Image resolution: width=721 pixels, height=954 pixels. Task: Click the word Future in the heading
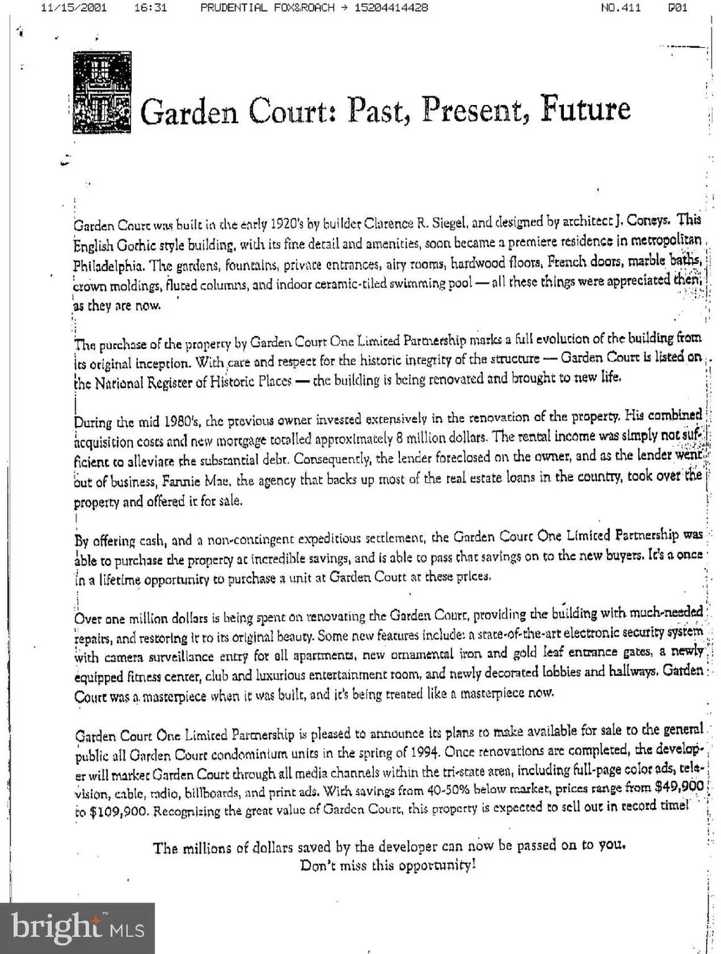pyautogui.click(x=585, y=108)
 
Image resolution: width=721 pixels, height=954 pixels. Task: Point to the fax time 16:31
pyautogui.click(x=150, y=8)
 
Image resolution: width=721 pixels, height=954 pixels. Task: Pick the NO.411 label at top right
pyautogui.click(x=620, y=8)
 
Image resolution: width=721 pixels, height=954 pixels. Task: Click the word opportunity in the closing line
pyautogui.click(x=437, y=865)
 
